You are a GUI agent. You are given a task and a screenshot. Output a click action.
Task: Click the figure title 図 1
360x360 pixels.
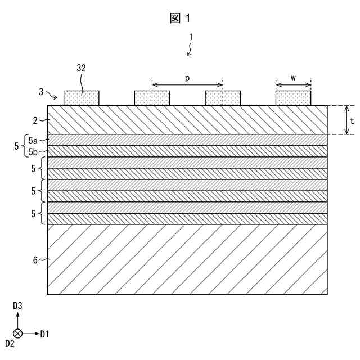click(x=180, y=18)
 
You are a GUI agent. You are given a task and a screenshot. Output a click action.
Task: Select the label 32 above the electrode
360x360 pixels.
click(x=81, y=68)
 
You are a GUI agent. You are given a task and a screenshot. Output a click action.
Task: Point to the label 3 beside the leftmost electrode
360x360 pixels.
click(x=42, y=91)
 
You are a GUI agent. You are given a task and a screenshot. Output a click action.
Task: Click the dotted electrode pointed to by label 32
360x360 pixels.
click(x=82, y=98)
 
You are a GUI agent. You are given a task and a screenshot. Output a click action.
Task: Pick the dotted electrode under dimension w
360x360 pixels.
click(x=293, y=98)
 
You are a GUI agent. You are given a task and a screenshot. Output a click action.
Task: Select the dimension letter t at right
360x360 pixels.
click(x=352, y=120)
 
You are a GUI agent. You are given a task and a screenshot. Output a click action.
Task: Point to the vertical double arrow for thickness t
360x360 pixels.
click(x=346, y=120)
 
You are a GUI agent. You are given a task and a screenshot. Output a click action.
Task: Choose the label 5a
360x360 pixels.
click(x=33, y=139)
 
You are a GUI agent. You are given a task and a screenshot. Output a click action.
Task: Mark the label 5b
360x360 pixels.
click(x=33, y=151)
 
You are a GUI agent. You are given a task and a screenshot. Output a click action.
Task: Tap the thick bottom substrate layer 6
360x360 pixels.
click(x=187, y=259)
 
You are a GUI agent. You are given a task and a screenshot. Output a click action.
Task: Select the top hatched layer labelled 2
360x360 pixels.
click(x=187, y=120)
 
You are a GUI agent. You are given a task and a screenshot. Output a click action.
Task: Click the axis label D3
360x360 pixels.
click(x=17, y=305)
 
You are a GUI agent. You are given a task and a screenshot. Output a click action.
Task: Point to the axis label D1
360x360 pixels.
click(x=44, y=334)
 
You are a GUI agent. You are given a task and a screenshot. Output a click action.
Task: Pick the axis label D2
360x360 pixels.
click(x=10, y=343)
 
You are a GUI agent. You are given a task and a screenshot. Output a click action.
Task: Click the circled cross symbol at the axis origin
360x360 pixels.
click(x=17, y=334)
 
